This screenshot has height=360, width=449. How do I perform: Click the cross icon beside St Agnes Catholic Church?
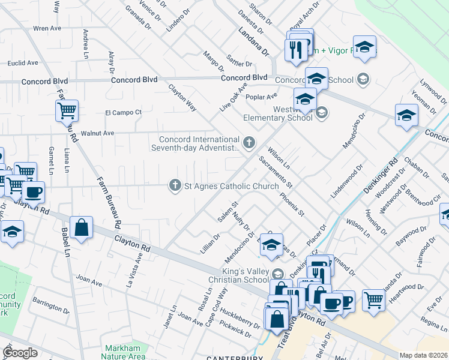coord(175,185)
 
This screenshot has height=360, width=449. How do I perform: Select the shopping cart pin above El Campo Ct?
coord(67,110)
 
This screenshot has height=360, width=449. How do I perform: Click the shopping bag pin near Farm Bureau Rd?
coord(81,228)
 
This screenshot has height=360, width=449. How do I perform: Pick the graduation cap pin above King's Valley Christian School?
coord(271,245)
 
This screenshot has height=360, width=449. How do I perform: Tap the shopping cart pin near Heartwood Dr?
coord(373,299)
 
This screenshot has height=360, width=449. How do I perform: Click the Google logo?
coord(20,353)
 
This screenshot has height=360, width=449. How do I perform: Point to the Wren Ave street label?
coord(47,28)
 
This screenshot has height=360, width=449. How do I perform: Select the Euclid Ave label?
coord(23,62)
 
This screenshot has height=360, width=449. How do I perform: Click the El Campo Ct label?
coord(122,112)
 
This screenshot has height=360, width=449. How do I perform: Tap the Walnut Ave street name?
coord(97,133)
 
